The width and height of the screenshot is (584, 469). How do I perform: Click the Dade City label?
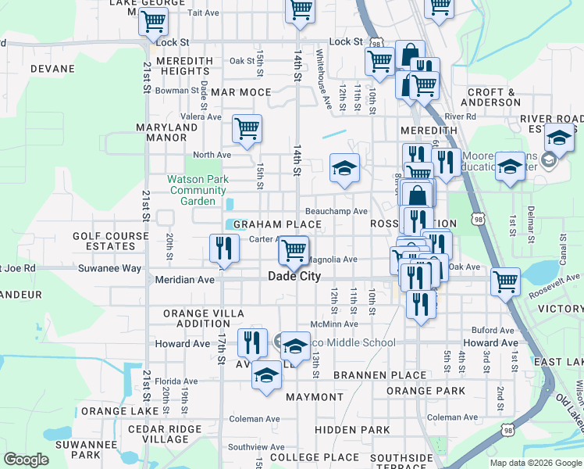[x=295, y=276]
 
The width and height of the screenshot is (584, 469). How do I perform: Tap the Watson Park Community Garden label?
[x=198, y=190]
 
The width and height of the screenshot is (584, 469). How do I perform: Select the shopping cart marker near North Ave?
[x=247, y=129]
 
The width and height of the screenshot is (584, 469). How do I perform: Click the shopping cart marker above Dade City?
[x=293, y=251]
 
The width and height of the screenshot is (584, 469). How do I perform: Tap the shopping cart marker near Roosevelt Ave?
[x=506, y=281]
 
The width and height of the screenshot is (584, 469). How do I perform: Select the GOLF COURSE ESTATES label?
[x=110, y=241]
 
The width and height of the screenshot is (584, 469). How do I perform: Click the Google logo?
[x=26, y=460]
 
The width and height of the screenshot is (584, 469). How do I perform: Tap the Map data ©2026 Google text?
[x=536, y=463]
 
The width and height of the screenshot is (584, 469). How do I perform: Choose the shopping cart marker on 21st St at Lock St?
[x=153, y=21]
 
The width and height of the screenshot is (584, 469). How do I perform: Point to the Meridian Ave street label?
[x=184, y=279]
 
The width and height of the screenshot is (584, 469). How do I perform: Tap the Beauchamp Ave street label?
[x=336, y=211]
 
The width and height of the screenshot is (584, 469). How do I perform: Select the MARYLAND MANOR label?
[x=167, y=133]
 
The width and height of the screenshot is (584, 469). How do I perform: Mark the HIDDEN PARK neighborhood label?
[x=352, y=430]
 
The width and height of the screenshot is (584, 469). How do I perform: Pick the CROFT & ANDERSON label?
[x=493, y=97]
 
